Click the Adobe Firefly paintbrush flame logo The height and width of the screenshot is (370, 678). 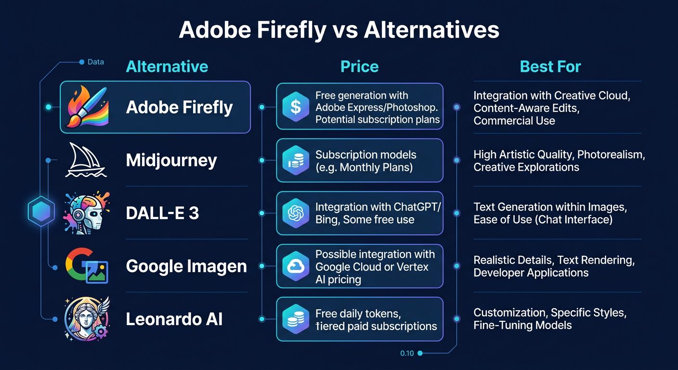(87, 107)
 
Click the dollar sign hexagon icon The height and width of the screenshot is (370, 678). (296, 107)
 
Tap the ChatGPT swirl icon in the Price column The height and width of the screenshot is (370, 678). (296, 213)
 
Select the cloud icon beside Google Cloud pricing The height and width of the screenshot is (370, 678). (296, 266)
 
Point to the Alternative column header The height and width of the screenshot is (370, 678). (167, 66)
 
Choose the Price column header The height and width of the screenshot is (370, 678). (359, 66)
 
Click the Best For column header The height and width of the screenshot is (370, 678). (550, 66)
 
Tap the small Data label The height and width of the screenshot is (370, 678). (95, 62)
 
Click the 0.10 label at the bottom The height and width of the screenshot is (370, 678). (407, 354)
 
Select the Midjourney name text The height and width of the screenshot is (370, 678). (171, 160)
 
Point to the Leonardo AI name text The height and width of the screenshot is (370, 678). (174, 319)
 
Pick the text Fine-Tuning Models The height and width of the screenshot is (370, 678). (522, 325)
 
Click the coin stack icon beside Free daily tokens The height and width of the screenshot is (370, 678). (296, 319)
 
